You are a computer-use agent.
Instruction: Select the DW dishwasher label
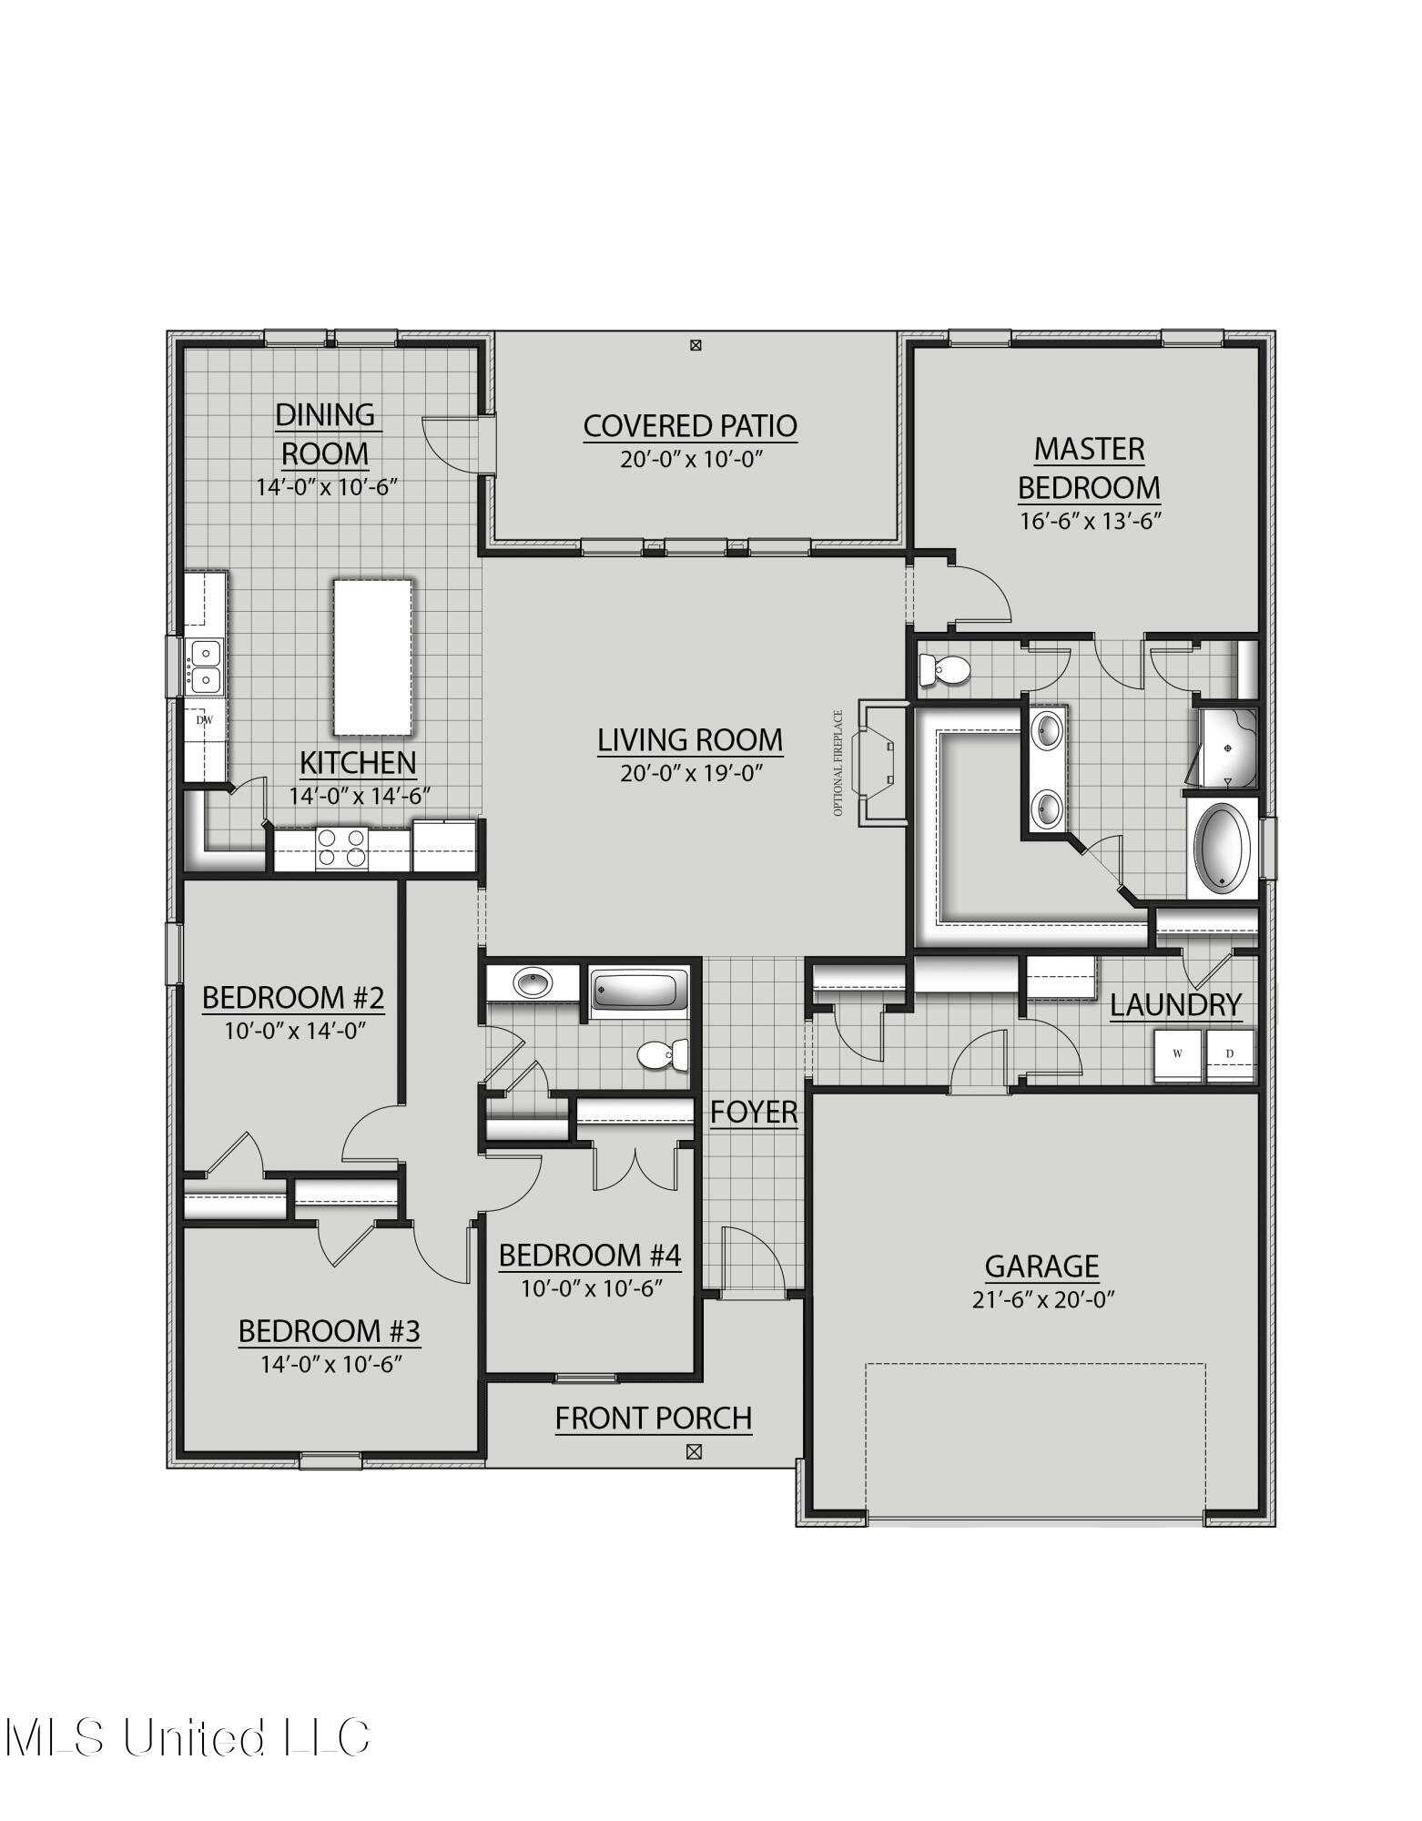coord(205,720)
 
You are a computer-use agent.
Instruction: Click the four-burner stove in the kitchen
coord(342,848)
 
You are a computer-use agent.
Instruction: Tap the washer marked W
coord(1178,1054)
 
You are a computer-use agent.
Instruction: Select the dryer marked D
coord(1230,1054)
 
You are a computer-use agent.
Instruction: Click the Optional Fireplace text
coord(838,763)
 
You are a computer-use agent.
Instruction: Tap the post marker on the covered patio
coord(696,345)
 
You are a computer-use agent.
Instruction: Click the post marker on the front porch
coord(694,1451)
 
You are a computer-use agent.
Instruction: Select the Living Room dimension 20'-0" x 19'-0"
coord(690,773)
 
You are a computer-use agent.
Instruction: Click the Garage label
coord(1041,1266)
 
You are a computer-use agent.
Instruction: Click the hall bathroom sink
coord(531,983)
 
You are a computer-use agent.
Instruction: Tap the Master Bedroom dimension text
coord(1089,521)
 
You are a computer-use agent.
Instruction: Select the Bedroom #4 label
coord(590,1256)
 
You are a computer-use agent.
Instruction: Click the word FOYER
coord(754,1112)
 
